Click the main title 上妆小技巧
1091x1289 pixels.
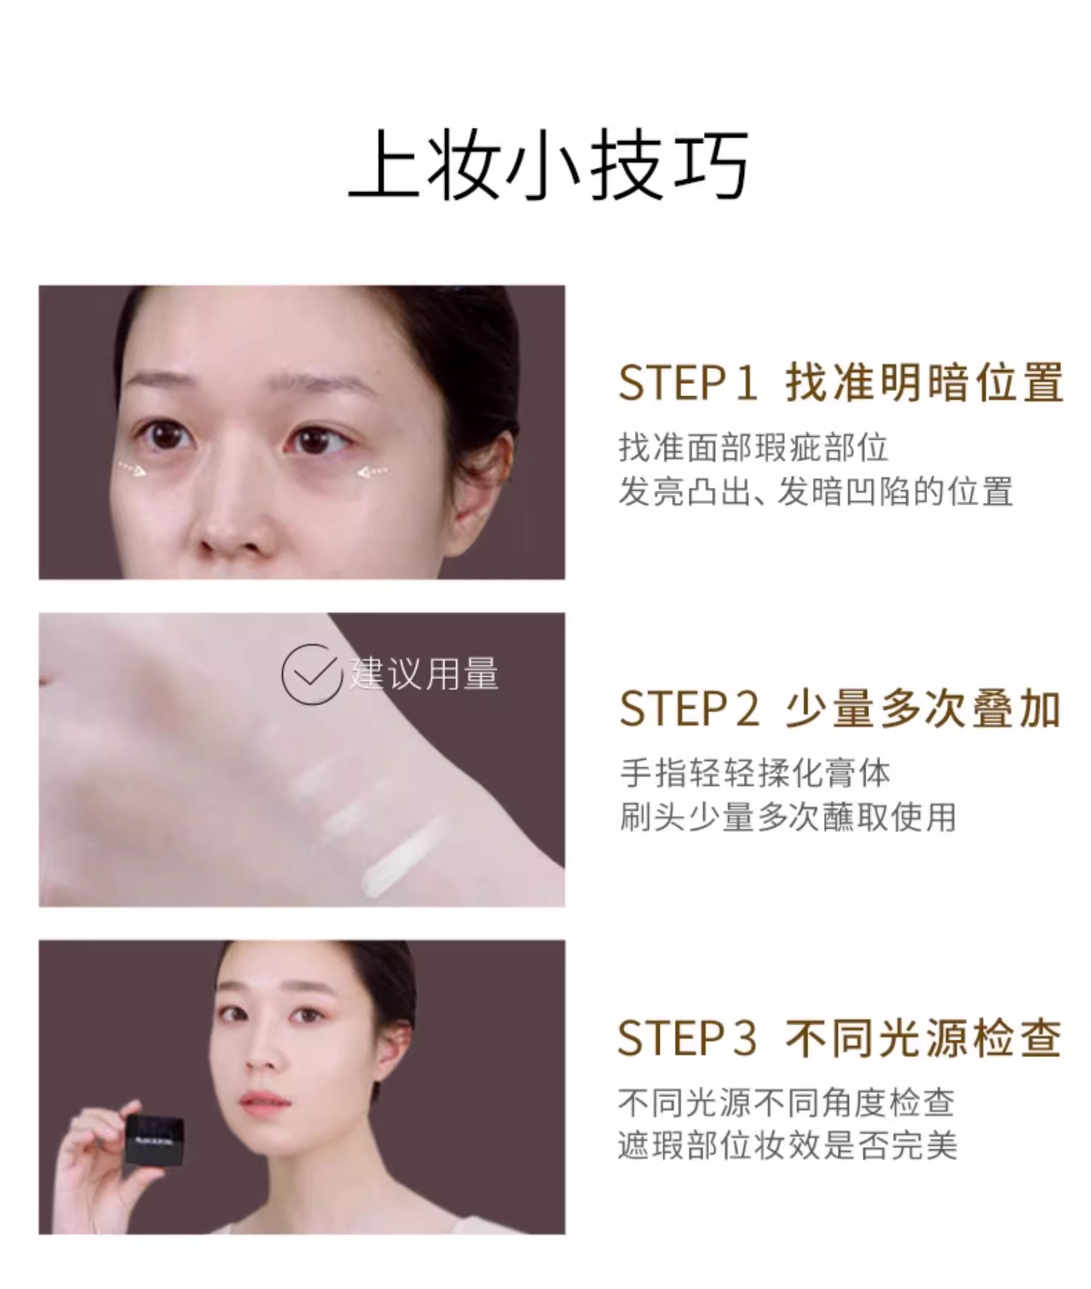(x=548, y=166)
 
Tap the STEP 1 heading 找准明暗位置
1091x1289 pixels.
(x=924, y=382)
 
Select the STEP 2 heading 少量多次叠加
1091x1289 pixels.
(x=924, y=709)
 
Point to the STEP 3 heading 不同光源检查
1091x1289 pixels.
(x=924, y=1037)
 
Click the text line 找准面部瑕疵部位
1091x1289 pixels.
(x=754, y=447)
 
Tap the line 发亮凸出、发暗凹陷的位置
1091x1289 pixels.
(x=815, y=491)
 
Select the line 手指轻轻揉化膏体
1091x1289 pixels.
(x=755, y=773)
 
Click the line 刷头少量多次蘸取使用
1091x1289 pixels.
(x=788, y=817)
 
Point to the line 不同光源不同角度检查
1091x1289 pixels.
(x=786, y=1102)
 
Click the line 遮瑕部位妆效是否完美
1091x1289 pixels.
(x=788, y=1146)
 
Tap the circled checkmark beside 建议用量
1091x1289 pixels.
(x=312, y=674)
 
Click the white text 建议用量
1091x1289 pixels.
(x=424, y=673)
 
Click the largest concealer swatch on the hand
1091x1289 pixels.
(x=402, y=856)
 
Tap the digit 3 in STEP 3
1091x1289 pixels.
(x=744, y=1038)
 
